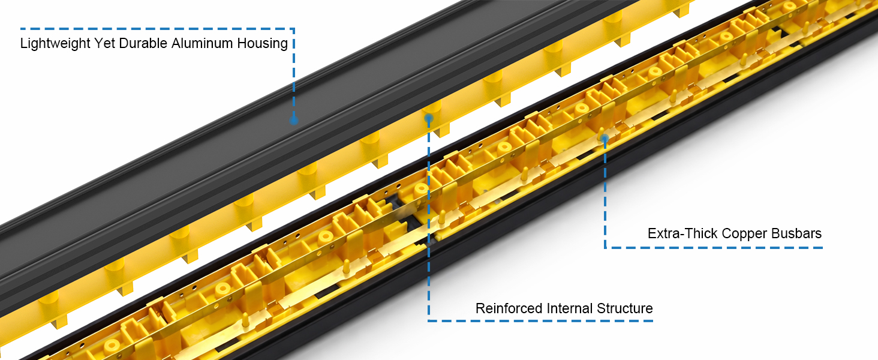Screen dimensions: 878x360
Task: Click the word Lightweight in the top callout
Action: [55, 44]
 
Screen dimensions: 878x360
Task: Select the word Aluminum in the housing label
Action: [202, 43]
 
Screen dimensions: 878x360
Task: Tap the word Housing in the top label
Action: [262, 44]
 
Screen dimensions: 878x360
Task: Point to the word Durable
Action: [143, 43]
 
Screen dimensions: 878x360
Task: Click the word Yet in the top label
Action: [105, 43]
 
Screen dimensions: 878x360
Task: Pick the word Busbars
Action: [796, 233]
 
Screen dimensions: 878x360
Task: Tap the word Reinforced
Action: [509, 308]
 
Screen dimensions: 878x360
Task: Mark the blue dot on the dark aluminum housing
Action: [294, 120]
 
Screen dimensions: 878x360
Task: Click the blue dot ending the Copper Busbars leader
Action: [605, 139]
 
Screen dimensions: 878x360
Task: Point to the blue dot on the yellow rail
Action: [429, 118]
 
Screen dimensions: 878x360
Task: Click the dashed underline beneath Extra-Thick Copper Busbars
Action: [714, 247]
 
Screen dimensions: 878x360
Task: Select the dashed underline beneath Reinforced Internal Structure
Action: [540, 321]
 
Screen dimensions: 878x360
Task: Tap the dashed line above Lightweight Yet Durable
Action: [157, 29]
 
